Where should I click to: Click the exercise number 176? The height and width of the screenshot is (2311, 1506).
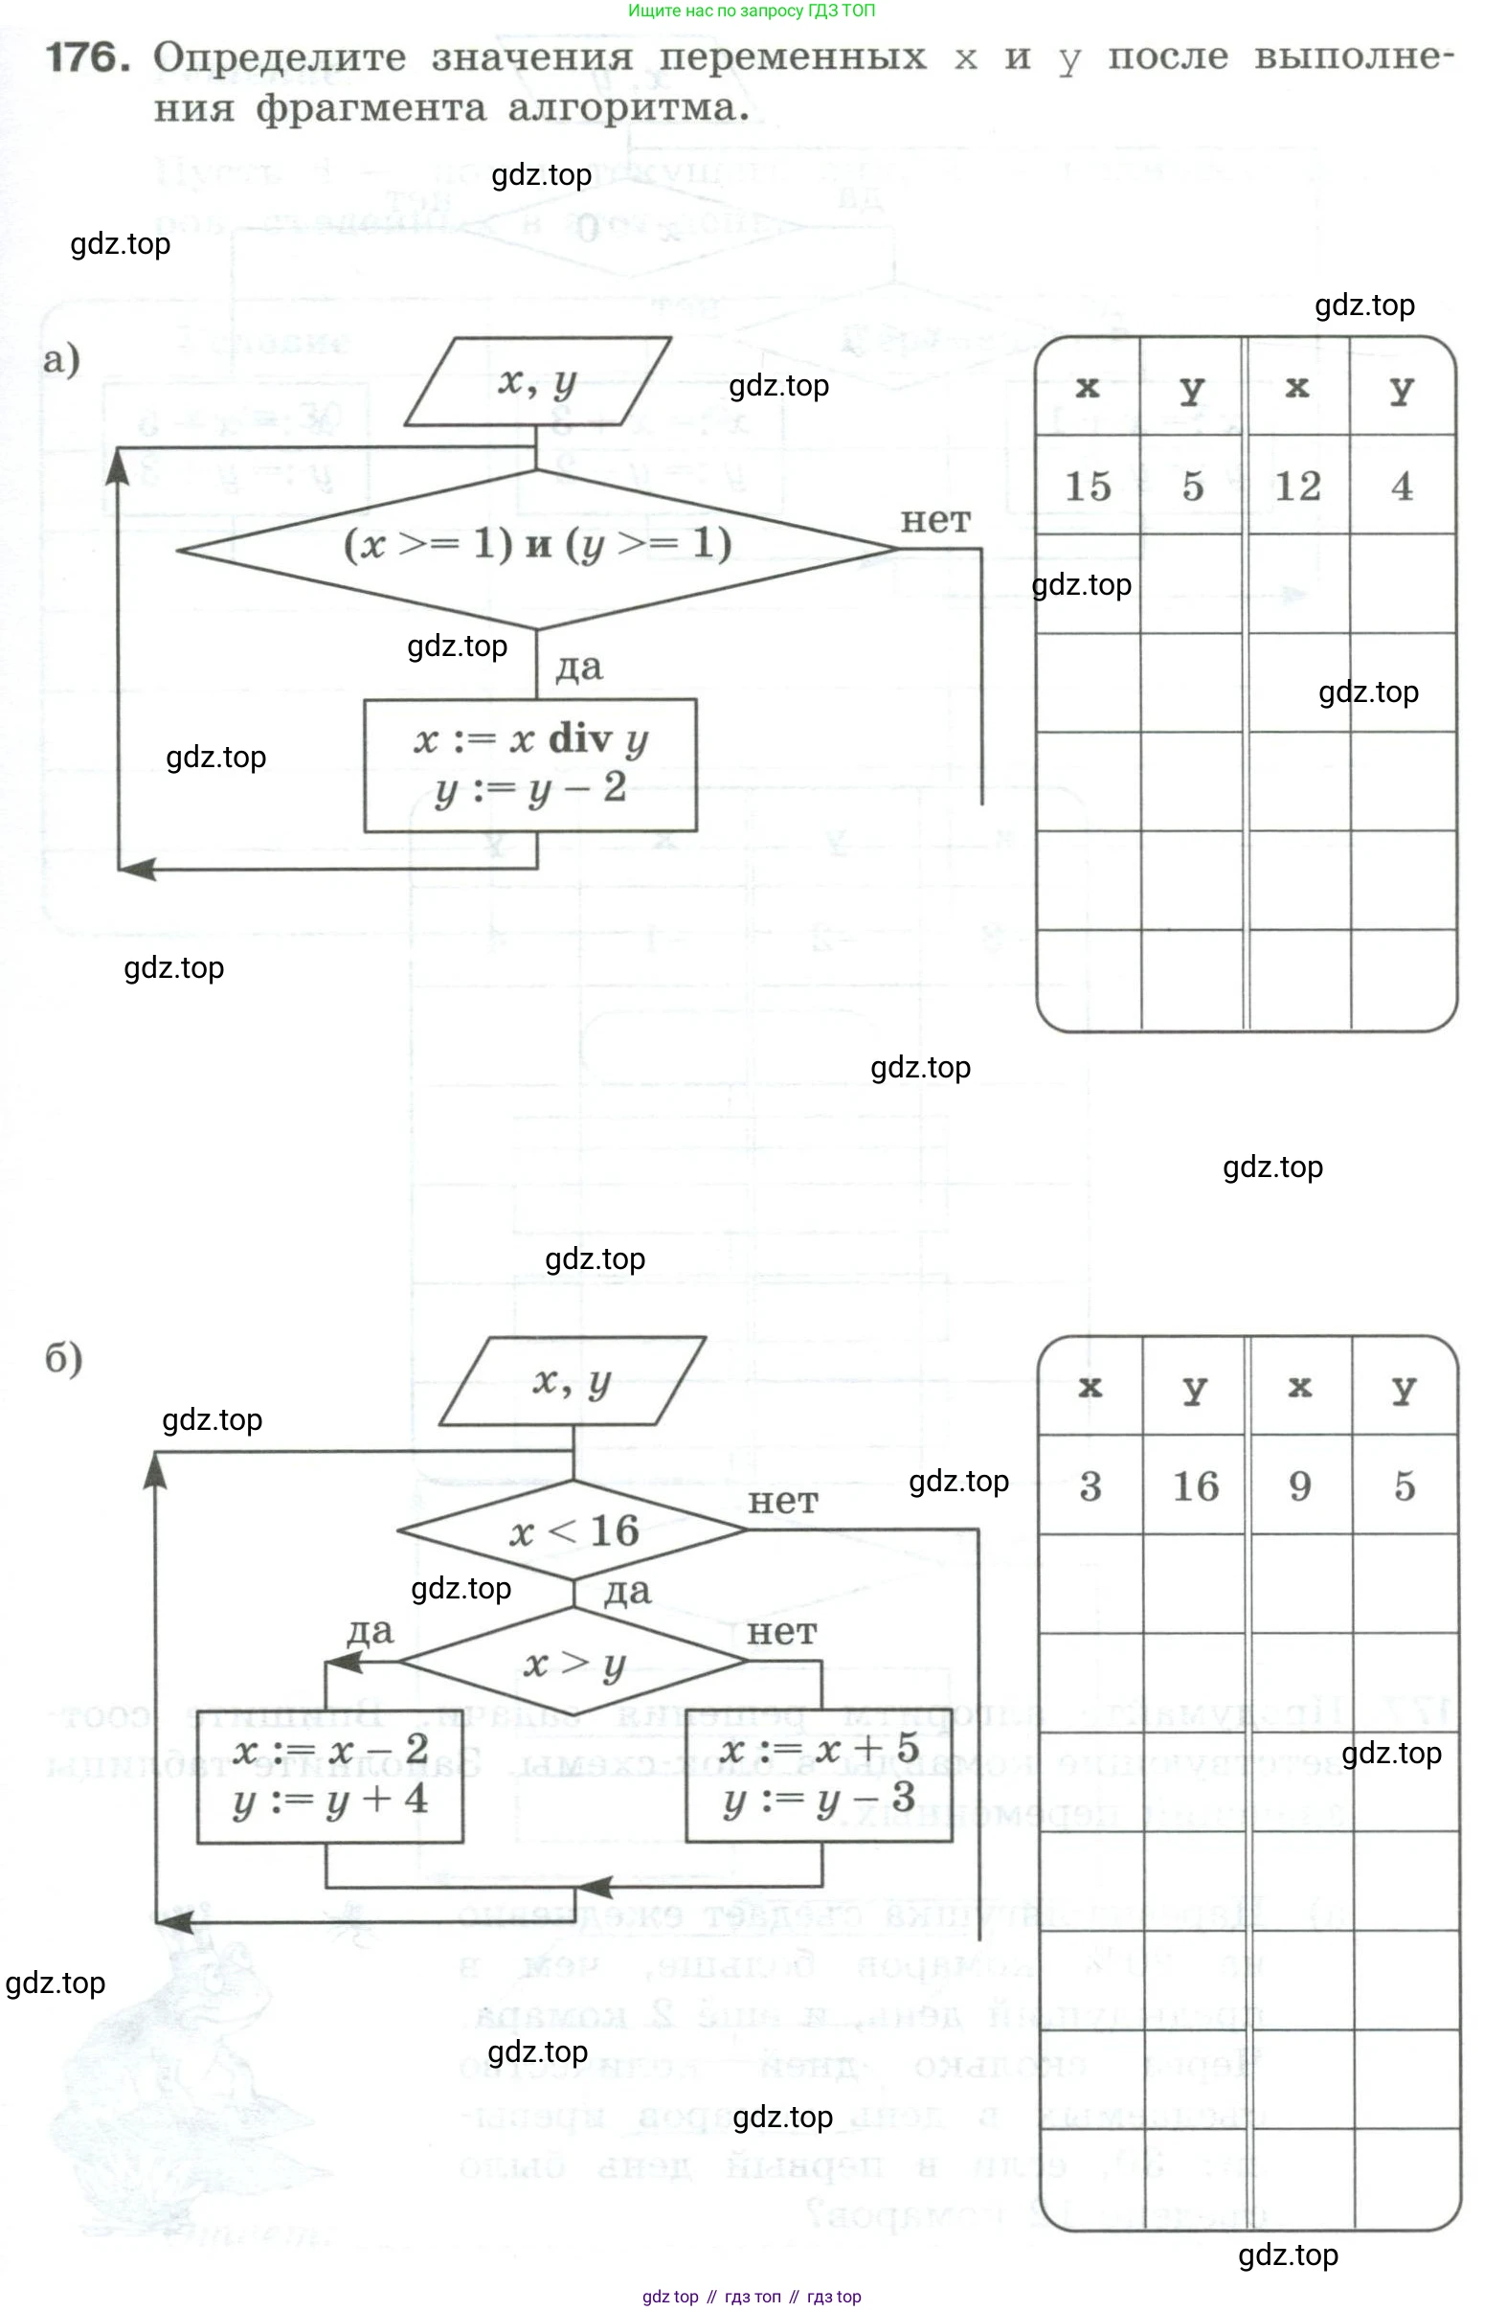coord(87,58)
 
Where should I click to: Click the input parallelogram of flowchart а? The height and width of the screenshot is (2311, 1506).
coord(537,381)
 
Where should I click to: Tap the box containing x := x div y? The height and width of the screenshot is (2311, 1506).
coord(530,764)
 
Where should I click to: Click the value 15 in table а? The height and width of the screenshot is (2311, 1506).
coord(1088,486)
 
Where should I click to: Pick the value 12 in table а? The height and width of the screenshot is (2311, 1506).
coord(1297,486)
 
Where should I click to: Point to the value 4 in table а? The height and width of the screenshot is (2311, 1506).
coord(1401,486)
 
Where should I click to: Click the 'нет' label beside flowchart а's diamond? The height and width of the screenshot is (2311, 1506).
coord(935,520)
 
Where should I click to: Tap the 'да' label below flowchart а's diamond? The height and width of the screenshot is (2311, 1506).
coord(578,668)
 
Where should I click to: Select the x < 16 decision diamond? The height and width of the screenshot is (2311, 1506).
coord(573,1530)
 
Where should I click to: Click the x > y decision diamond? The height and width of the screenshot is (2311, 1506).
coord(573,1663)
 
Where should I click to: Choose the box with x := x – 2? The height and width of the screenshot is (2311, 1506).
coord(330,1774)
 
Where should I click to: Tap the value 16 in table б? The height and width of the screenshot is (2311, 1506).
coord(1194,1485)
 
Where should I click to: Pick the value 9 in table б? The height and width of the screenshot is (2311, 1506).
coord(1299,1485)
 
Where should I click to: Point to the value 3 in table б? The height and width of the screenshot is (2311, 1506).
coord(1090,1485)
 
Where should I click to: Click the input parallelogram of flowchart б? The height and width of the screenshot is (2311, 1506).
coord(572,1381)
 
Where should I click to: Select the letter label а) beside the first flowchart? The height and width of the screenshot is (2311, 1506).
coord(61,359)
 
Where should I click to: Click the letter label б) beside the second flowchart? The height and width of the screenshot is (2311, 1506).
coord(64,1357)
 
